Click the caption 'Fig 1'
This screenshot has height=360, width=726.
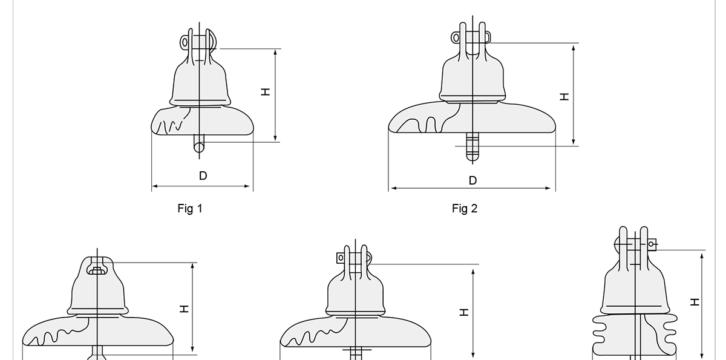pyautogui.click(x=190, y=208)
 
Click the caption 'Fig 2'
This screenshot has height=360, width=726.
pyautogui.click(x=465, y=208)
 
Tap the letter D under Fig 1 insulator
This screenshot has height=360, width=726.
pyautogui.click(x=203, y=176)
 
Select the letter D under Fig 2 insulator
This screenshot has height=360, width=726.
pyautogui.click(x=473, y=180)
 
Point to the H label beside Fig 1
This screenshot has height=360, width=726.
pyautogui.click(x=266, y=92)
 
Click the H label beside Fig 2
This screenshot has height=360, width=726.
pyautogui.click(x=564, y=97)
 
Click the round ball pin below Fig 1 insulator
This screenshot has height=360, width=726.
pyautogui.click(x=199, y=148)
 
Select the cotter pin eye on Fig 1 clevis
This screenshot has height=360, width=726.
pyautogui.click(x=185, y=42)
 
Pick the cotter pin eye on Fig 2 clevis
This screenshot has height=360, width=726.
pyautogui.click(x=456, y=38)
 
